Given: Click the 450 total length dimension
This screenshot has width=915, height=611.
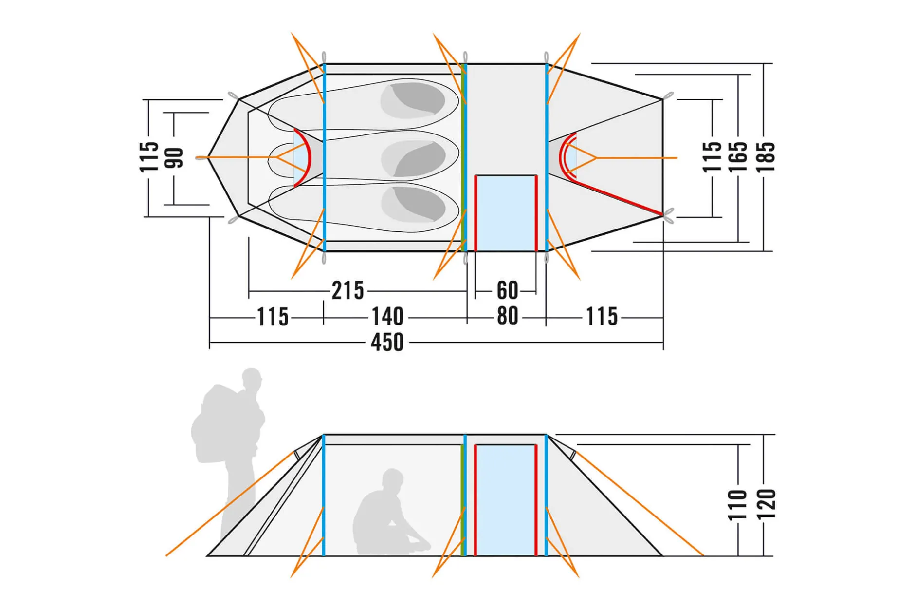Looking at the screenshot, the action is [387, 342].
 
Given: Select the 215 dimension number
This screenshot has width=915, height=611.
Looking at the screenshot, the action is [348, 291].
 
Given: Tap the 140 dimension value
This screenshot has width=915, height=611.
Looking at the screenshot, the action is [387, 316].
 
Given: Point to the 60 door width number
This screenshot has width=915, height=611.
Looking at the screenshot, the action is [507, 291].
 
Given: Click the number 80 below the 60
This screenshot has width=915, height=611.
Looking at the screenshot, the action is [507, 316].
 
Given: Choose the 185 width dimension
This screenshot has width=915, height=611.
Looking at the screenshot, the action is [765, 157].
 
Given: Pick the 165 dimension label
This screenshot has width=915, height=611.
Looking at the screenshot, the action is [737, 157].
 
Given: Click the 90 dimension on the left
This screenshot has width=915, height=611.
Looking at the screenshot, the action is [174, 157].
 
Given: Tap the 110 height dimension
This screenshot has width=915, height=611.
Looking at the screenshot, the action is [737, 505].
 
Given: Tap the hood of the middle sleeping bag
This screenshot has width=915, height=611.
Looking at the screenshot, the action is [413, 158].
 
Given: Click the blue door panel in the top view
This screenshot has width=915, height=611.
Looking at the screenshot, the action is [506, 213].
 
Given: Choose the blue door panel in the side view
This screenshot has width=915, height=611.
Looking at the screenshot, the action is [506, 500].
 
